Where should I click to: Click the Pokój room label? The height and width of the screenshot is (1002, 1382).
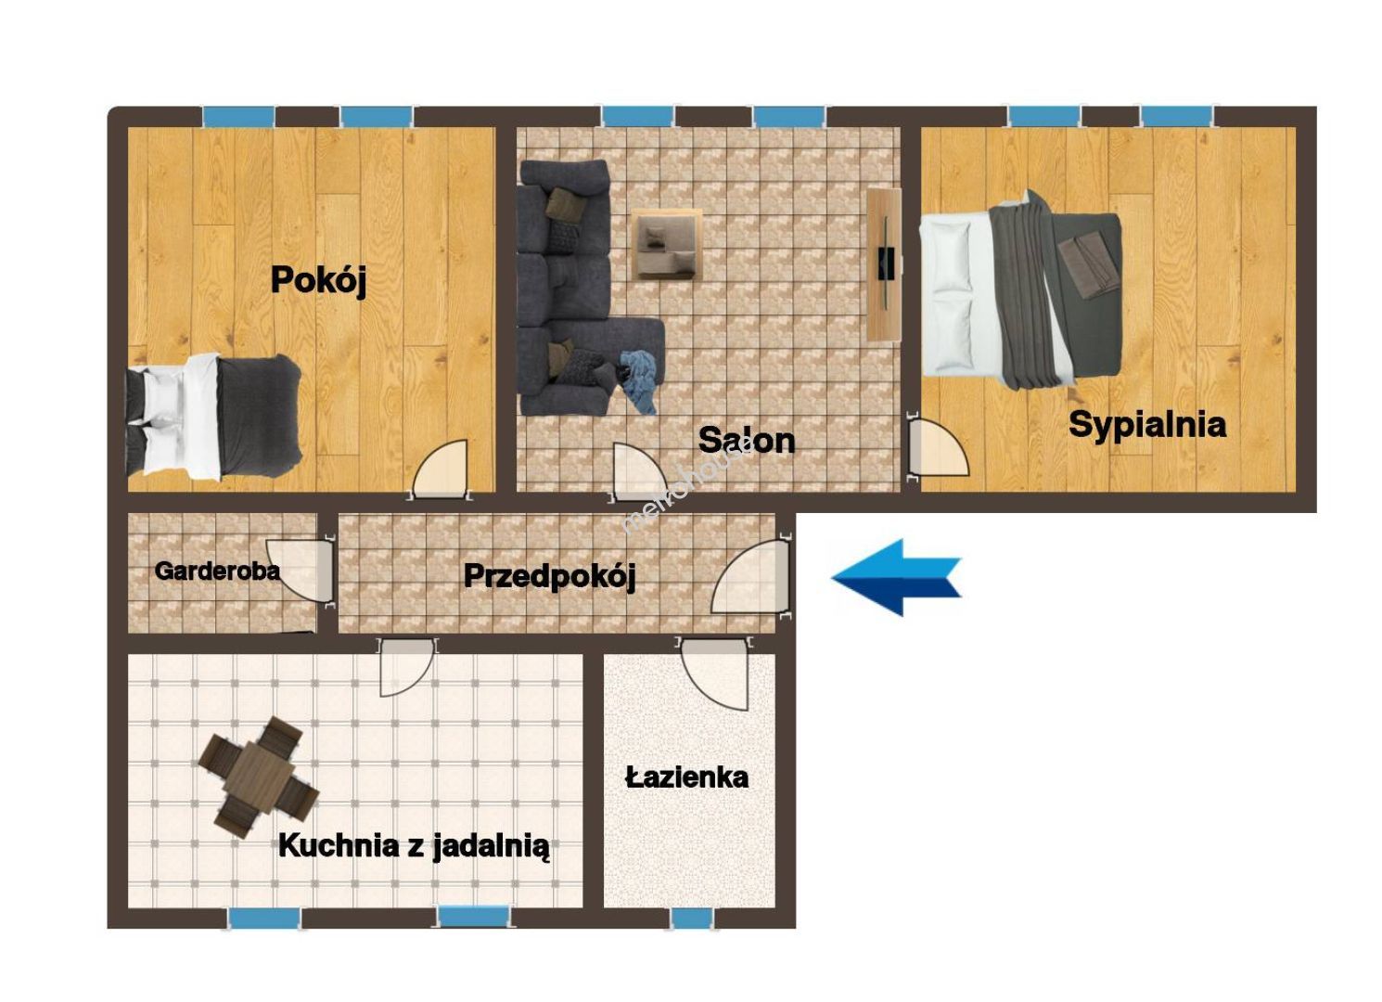tap(318, 281)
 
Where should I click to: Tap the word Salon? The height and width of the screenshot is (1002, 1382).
tap(747, 441)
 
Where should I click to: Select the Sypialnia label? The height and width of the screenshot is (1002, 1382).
tap(1147, 426)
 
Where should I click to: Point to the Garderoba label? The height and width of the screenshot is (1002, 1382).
tap(217, 572)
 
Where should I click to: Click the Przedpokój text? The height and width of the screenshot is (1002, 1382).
tap(550, 577)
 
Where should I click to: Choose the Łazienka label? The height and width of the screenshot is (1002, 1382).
tap(686, 777)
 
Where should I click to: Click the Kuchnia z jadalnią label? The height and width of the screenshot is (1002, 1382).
tap(414, 846)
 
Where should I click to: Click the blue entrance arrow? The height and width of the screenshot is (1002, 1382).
tap(897, 577)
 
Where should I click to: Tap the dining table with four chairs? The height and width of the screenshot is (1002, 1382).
tap(259, 777)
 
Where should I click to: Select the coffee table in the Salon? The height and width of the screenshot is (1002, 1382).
tap(667, 245)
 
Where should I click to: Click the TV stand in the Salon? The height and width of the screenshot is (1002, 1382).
tap(884, 264)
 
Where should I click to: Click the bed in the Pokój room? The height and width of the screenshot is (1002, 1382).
tap(213, 417)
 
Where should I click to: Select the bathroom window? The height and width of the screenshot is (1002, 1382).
tap(692, 918)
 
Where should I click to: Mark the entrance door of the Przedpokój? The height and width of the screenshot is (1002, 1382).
tap(751, 577)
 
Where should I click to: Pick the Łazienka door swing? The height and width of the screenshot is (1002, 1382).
tap(715, 674)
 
